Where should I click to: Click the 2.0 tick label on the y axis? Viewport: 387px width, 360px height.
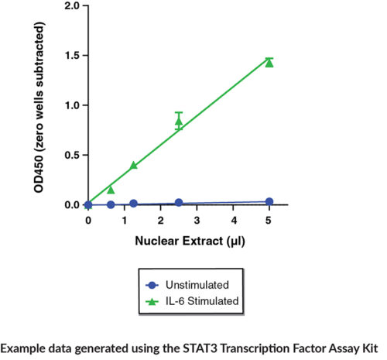pos(70,6)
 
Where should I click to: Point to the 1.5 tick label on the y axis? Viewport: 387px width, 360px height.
pos(70,56)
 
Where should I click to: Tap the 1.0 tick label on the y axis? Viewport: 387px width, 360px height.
pos(70,105)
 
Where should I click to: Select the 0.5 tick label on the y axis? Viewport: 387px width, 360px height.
pos(70,155)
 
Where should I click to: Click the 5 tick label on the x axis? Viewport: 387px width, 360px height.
pos(269,221)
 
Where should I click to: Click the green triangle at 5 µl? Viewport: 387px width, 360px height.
pos(269,63)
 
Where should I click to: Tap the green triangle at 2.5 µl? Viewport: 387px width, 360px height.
pos(179,122)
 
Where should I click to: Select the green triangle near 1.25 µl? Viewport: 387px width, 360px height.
pos(133,165)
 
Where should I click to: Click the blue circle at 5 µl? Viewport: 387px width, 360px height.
pos(269,201)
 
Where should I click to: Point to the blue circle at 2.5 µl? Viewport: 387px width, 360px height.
pos(179,203)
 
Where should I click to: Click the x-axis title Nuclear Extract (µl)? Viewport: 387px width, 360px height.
pos(179,240)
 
